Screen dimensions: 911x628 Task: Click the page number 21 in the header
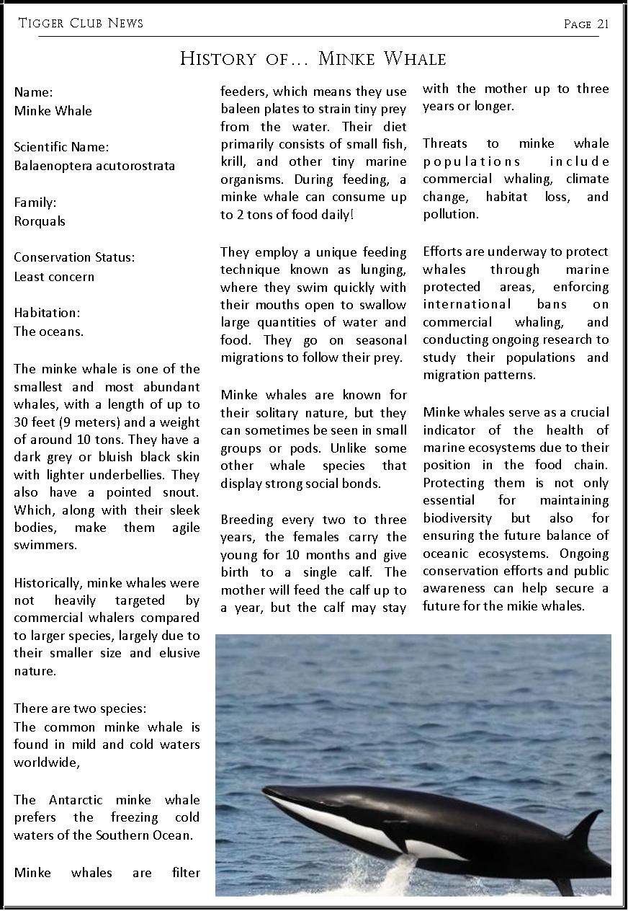tap(603, 24)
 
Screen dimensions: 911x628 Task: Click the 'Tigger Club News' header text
tap(81, 23)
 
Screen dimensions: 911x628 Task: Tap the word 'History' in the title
tap(218, 58)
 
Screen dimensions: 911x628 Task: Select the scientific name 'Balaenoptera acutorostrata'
tap(94, 166)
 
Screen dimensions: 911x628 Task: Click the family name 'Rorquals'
tap(40, 221)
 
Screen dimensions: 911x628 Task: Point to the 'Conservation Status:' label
tap(74, 257)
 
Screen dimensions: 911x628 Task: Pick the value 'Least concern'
tap(54, 277)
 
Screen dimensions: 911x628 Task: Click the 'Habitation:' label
tap(47, 313)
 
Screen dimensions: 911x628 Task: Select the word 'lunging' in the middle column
tap(382, 270)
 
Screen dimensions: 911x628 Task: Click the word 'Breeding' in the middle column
tap(246, 520)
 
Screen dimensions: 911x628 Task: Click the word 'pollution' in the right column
tap(449, 215)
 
